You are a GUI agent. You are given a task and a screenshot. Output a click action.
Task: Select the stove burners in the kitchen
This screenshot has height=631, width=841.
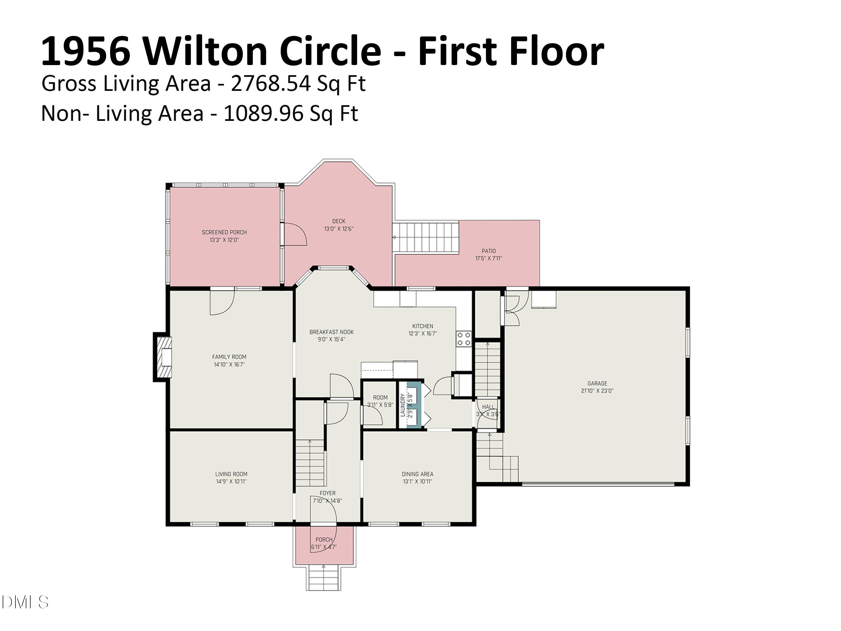[x=464, y=338]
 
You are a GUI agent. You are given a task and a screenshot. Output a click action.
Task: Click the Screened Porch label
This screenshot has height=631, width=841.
[x=224, y=232]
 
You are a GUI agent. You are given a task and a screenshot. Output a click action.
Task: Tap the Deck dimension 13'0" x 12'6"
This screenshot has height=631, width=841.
[x=339, y=229]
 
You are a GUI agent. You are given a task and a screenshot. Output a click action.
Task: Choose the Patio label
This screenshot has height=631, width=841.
[x=489, y=251]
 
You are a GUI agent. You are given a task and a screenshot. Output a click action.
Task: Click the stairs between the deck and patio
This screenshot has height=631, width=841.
[x=426, y=237]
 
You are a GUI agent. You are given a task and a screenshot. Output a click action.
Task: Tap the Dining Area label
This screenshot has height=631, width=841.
[x=417, y=474]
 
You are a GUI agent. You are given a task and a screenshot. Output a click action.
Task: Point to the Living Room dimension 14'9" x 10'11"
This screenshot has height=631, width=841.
[x=231, y=481]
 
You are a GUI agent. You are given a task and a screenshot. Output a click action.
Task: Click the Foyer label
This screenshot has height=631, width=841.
[x=327, y=493]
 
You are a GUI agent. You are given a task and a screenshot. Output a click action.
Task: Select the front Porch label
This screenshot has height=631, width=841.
[x=324, y=539]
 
